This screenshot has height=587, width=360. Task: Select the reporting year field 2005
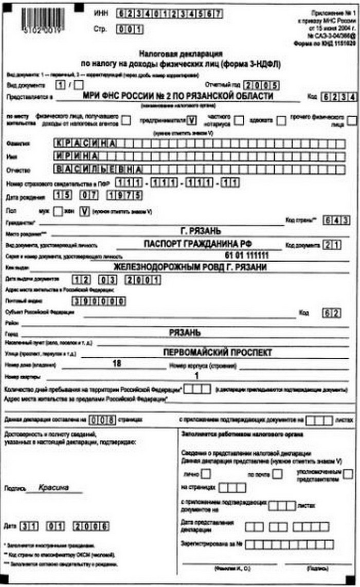click(261, 85)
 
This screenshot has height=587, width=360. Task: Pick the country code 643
click(337, 221)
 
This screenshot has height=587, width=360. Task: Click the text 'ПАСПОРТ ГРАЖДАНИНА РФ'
click(200, 243)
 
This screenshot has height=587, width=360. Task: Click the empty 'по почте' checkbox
click(277, 474)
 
